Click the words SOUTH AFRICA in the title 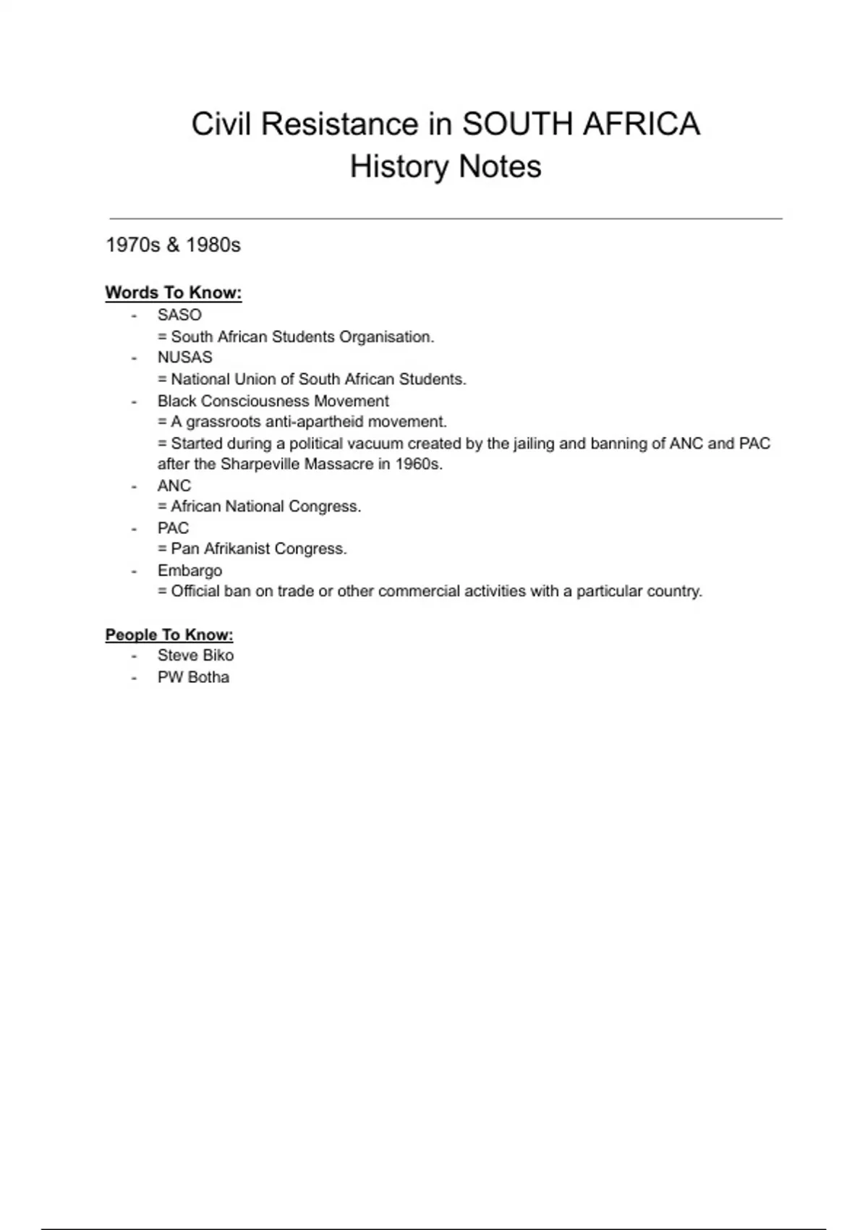(x=581, y=124)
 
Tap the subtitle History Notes (x=446, y=166)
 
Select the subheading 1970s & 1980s (x=173, y=245)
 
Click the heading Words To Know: (x=174, y=293)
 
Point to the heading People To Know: (x=169, y=635)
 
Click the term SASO (x=179, y=315)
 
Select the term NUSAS (x=185, y=357)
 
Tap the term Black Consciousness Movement (x=273, y=401)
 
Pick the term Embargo (x=190, y=570)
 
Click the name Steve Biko (x=195, y=656)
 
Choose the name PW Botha (x=193, y=677)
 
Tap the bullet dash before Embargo (x=134, y=571)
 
